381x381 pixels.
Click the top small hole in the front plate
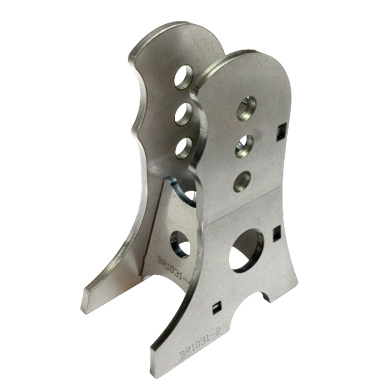247,107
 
